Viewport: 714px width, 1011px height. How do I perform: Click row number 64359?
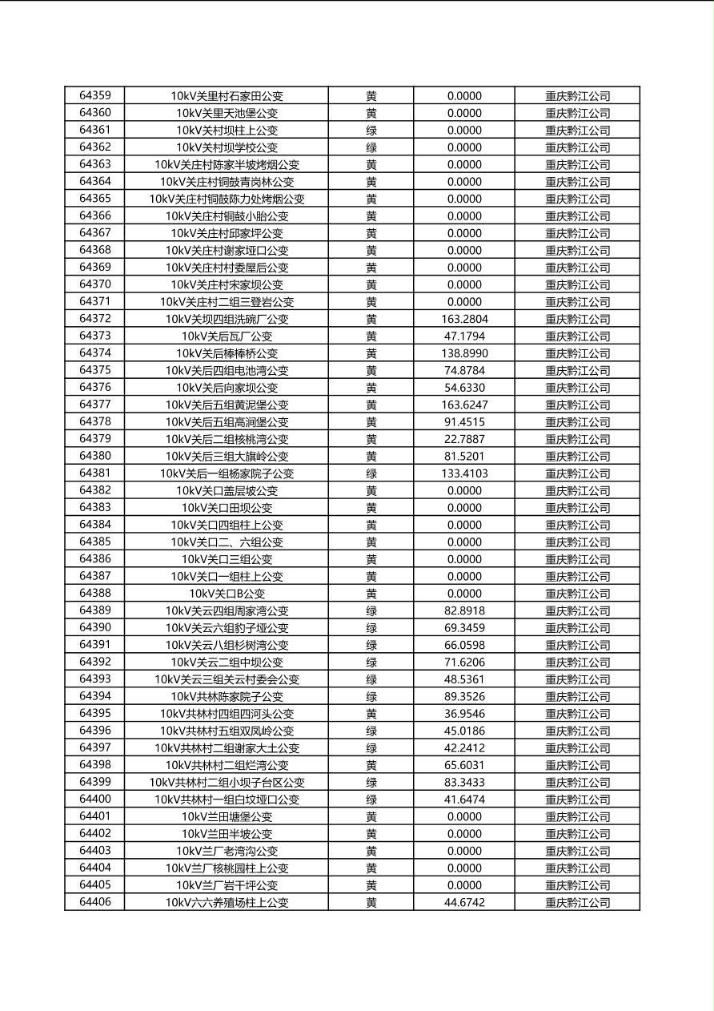click(95, 95)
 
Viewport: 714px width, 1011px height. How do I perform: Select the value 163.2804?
click(464, 319)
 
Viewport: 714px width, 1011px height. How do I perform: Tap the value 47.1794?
click(464, 336)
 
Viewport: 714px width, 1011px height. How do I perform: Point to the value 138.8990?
click(464, 353)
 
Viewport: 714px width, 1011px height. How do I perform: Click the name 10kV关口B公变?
click(227, 594)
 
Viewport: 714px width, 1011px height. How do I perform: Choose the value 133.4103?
click(464, 473)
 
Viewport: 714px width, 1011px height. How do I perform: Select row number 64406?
click(95, 902)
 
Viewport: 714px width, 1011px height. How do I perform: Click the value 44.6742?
click(464, 902)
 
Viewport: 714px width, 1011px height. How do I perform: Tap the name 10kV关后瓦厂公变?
click(227, 336)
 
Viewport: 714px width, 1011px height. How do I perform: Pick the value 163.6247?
click(464, 405)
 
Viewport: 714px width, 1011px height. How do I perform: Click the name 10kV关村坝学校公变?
click(227, 147)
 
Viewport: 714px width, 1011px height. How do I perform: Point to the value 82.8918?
click(464, 610)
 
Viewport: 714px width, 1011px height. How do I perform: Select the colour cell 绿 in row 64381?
click(371, 473)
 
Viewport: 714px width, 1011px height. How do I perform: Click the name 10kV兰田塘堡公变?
click(227, 816)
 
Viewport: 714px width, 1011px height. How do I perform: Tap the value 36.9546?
click(464, 714)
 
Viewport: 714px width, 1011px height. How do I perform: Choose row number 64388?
click(95, 594)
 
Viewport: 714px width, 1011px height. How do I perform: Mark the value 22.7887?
click(464, 439)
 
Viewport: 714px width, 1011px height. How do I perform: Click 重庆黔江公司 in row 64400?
click(577, 800)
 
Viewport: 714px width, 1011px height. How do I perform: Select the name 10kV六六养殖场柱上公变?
click(227, 902)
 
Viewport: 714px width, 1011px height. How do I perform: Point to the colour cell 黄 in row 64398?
click(371, 765)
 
